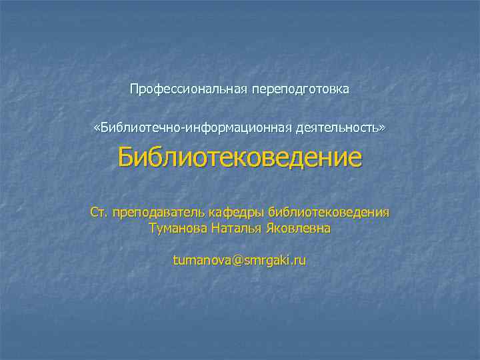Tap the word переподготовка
click(x=300, y=89)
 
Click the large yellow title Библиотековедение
click(x=240, y=159)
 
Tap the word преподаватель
click(x=158, y=213)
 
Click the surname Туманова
click(x=177, y=229)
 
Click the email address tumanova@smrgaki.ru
click(x=240, y=260)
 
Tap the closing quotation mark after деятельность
click(x=383, y=127)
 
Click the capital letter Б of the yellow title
click(x=127, y=159)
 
